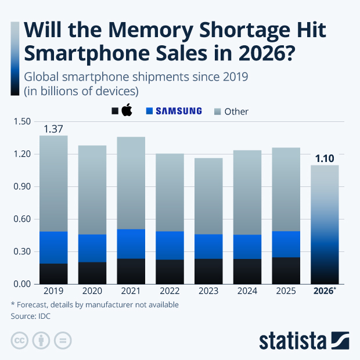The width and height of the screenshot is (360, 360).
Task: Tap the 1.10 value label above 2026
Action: click(325, 157)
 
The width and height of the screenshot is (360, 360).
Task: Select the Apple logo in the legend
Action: click(127, 110)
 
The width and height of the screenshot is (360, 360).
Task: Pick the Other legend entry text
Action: click(236, 111)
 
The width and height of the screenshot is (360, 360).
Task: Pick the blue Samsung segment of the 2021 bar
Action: click(131, 244)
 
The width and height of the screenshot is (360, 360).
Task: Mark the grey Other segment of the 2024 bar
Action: click(247, 192)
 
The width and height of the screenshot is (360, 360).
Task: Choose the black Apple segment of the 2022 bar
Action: click(170, 272)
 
